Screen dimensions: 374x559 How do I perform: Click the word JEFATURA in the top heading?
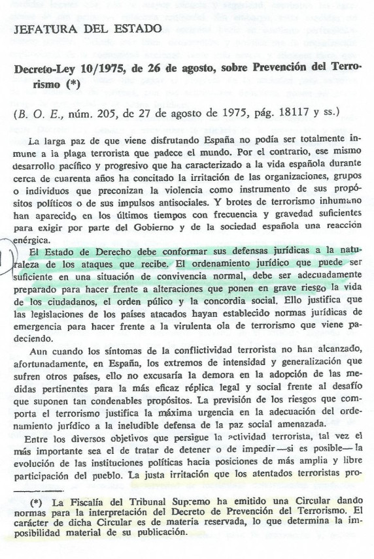tap(42, 29)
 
